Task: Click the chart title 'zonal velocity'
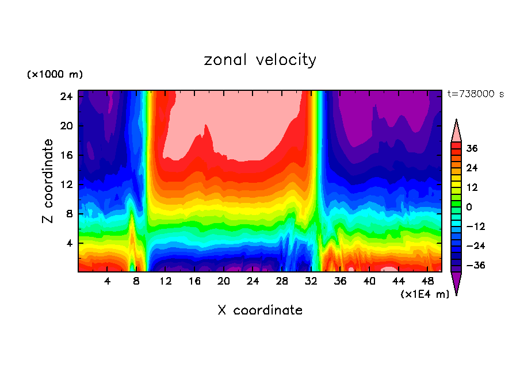[260, 60]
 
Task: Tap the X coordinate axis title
[260, 310]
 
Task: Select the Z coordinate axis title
[48, 181]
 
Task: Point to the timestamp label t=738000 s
[475, 94]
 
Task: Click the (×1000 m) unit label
[55, 75]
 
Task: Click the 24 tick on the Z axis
[66, 97]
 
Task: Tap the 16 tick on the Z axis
[66, 155]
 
